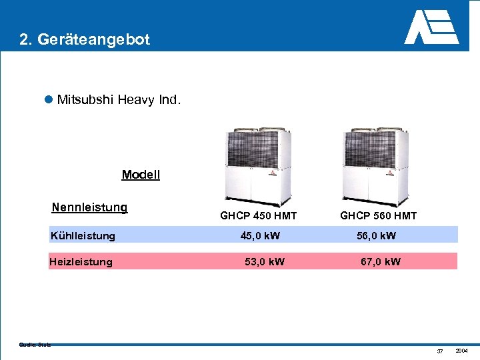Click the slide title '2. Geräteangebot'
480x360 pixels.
pyautogui.click(x=85, y=39)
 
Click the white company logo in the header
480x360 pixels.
pyautogui.click(x=431, y=27)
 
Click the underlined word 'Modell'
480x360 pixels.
pyautogui.click(x=141, y=175)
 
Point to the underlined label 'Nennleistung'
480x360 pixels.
pyautogui.click(x=89, y=207)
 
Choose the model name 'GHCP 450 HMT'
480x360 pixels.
pyautogui.click(x=258, y=215)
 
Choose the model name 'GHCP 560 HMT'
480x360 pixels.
pyautogui.click(x=378, y=215)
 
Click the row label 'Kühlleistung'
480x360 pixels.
pyautogui.click(x=83, y=235)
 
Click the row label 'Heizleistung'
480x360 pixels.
pyautogui.click(x=81, y=261)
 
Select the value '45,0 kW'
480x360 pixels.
pyautogui.click(x=260, y=235)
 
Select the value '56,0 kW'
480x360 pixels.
pyautogui.click(x=376, y=235)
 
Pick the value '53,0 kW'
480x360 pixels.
pyautogui.click(x=264, y=261)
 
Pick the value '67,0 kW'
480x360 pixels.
pyautogui.click(x=381, y=261)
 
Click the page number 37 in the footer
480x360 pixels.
pyautogui.click(x=439, y=351)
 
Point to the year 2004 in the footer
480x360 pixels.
pyautogui.click(x=461, y=351)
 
